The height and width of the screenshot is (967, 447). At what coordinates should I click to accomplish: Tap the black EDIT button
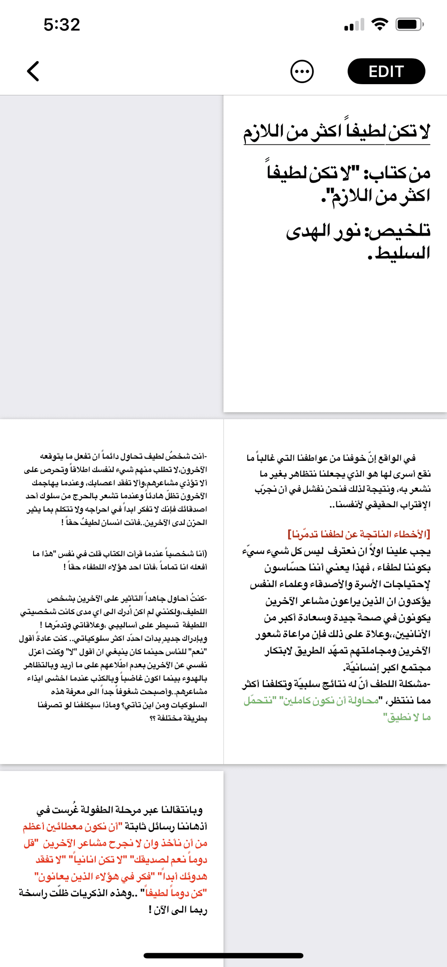[x=386, y=71]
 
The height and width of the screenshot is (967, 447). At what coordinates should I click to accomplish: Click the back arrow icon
[x=33, y=71]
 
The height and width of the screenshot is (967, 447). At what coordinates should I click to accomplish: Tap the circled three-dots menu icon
[x=302, y=71]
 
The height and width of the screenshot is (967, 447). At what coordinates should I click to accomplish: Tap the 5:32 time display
[x=62, y=25]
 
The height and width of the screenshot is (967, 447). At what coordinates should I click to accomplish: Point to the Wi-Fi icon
[x=379, y=25]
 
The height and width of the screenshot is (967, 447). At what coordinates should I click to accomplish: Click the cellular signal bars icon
[x=354, y=25]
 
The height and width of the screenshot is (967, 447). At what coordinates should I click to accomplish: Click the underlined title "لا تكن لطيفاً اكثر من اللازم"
[x=337, y=132]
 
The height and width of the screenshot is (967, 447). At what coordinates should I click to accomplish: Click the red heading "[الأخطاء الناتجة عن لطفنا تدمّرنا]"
[x=359, y=534]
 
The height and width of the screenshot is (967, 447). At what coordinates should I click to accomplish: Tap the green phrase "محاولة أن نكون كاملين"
[x=330, y=700]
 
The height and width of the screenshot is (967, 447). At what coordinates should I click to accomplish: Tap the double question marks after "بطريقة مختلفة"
[x=152, y=719]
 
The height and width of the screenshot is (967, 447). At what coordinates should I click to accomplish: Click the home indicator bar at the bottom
[x=223, y=955]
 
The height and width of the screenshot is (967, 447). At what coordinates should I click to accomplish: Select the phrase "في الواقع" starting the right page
[x=402, y=458]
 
